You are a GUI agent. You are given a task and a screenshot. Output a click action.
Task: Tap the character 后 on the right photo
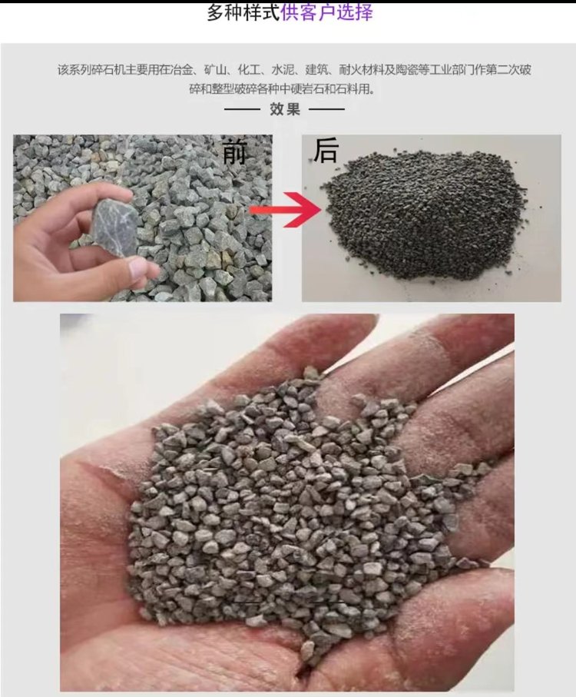(x=326, y=151)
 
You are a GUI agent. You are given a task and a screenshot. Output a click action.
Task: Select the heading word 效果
(x=285, y=109)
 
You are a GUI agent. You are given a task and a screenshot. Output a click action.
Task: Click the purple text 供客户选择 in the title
(x=326, y=13)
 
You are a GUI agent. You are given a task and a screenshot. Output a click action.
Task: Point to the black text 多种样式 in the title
(x=243, y=13)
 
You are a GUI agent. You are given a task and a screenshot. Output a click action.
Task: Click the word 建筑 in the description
(x=316, y=70)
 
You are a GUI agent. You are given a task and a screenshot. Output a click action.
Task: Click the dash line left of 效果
(x=242, y=109)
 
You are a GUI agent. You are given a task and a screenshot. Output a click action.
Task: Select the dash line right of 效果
(x=327, y=109)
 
